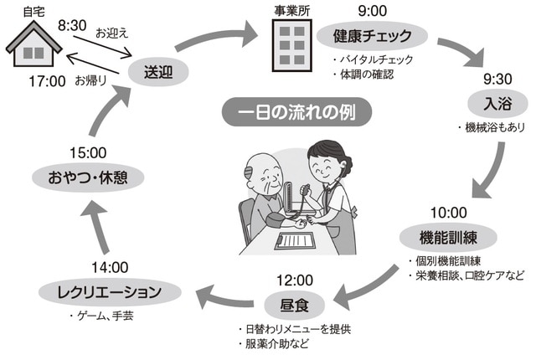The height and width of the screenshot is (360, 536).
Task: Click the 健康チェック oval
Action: coord(371,37)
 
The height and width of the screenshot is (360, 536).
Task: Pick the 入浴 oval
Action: coord(492,105)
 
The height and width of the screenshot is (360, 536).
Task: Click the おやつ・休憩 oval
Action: coord(86,177)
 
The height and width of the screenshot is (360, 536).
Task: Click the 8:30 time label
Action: coord(73,27)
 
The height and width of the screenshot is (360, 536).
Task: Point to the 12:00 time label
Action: coord(293,280)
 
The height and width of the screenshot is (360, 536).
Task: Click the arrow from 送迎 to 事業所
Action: coord(221,40)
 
